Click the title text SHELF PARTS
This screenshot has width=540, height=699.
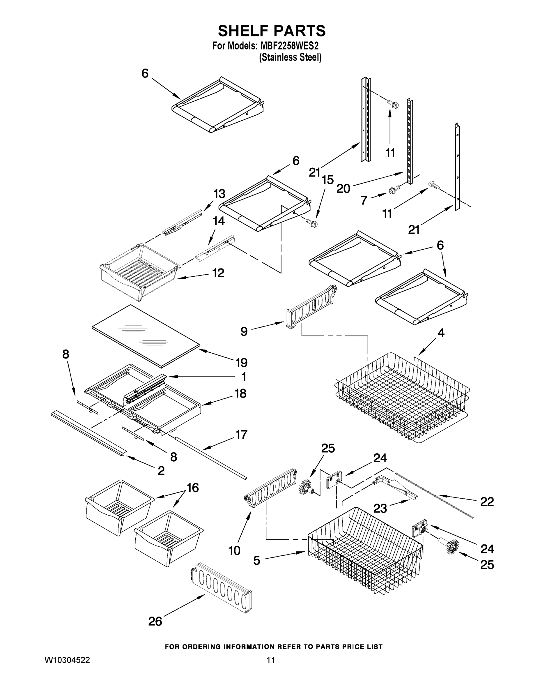click(271, 31)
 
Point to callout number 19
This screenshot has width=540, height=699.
click(242, 363)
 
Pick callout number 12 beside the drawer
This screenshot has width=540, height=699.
click(218, 273)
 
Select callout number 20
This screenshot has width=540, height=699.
click(343, 188)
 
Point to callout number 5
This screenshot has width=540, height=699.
click(256, 560)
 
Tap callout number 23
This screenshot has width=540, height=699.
click(380, 508)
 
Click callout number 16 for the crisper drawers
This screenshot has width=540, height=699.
click(193, 488)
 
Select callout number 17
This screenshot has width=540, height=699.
click(241, 434)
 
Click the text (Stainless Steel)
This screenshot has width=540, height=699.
click(290, 58)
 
